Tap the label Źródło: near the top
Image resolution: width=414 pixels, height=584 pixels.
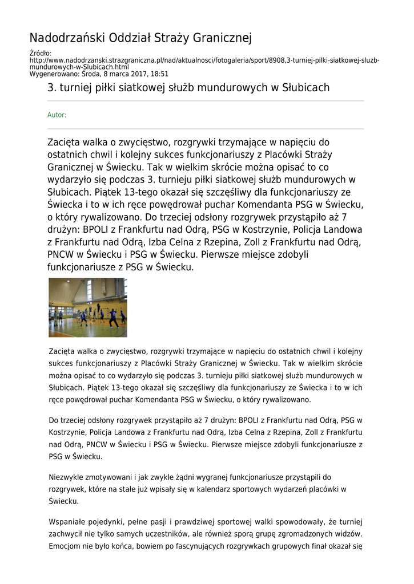click(40, 54)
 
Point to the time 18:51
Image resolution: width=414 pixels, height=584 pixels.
click(159, 74)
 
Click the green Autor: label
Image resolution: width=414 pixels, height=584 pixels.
click(57, 115)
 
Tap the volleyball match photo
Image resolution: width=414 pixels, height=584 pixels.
click(87, 307)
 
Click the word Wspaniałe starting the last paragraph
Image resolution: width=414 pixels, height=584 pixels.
click(67, 522)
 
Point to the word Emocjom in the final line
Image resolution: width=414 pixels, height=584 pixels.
click(63, 546)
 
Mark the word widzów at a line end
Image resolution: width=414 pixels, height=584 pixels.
click(348, 534)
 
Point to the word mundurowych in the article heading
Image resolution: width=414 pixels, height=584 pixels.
click(235, 88)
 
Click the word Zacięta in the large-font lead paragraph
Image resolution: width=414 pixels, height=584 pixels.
click(64, 142)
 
